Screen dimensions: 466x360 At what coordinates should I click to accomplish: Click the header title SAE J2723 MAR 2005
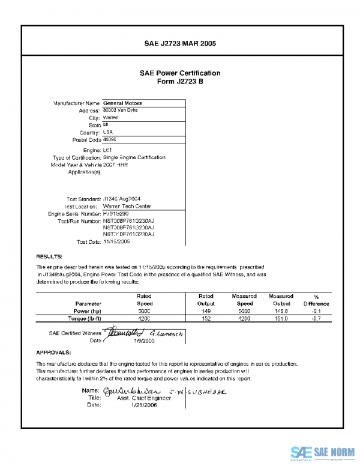tap(180, 44)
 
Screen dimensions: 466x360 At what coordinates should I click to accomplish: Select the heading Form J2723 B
tap(180, 81)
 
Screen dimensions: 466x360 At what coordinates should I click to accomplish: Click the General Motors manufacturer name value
tap(122, 103)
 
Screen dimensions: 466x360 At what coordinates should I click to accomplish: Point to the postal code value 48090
tap(110, 139)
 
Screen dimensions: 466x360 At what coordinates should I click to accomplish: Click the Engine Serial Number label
tap(74, 213)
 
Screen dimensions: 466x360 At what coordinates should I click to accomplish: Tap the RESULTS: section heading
tap(49, 256)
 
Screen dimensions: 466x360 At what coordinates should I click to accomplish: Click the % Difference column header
tap(316, 300)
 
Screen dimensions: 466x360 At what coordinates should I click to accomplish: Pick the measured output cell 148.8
tap(281, 312)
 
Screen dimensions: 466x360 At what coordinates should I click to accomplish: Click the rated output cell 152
tap(206, 319)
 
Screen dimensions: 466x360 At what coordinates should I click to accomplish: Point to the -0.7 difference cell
tap(316, 319)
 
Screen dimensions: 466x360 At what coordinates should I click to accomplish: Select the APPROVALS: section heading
tap(54, 352)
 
